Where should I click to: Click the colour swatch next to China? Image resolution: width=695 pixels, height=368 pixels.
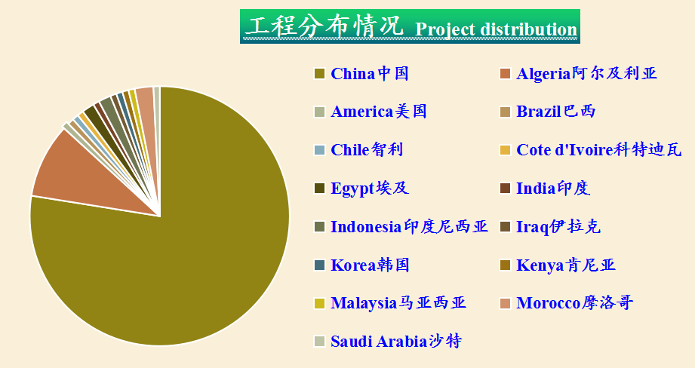(319, 73)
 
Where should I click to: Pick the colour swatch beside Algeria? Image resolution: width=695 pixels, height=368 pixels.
(505, 73)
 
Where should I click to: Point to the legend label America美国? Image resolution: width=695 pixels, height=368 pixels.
(379, 112)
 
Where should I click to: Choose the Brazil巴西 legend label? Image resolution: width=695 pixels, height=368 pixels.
(556, 112)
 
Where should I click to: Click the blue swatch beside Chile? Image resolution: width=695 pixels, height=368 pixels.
(319, 149)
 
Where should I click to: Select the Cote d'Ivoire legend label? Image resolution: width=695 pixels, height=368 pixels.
(599, 149)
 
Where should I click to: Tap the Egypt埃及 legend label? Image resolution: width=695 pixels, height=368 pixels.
(370, 189)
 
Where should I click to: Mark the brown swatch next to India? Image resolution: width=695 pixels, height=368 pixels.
(505, 189)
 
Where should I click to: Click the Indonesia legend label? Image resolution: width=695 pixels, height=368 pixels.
(409, 227)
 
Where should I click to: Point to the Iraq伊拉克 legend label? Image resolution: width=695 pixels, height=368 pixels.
(558, 227)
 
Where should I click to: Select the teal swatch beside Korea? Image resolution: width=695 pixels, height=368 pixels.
(319, 265)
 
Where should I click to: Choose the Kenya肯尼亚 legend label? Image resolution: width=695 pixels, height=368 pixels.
(566, 265)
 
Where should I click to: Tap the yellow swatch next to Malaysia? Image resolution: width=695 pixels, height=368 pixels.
(319, 303)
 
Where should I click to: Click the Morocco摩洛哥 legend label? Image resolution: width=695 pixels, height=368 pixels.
(574, 303)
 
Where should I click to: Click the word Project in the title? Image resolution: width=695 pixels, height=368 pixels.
(445, 29)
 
